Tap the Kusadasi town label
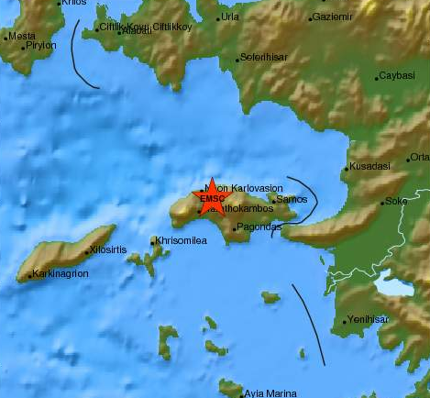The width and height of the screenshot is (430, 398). pyautogui.click(x=369, y=167)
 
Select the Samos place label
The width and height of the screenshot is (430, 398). pyautogui.click(x=291, y=199)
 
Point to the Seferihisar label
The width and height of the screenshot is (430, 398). pyautogui.click(x=264, y=57)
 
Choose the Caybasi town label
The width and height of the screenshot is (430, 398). pyautogui.click(x=397, y=76)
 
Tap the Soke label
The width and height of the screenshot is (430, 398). pyautogui.click(x=396, y=201)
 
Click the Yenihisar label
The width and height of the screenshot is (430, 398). pyautogui.click(x=366, y=320)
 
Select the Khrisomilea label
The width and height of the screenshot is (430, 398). pyautogui.click(x=181, y=240)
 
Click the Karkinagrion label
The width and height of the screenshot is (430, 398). pyautogui.click(x=60, y=273)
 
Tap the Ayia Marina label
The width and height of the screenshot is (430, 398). pyautogui.click(x=270, y=393)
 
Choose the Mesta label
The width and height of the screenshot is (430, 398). pyautogui.click(x=21, y=37)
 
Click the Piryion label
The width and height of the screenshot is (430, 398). pyautogui.click(x=41, y=45)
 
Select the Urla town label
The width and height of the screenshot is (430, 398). pyautogui.click(x=230, y=17)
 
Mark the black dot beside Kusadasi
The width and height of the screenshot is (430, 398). pyautogui.click(x=346, y=169)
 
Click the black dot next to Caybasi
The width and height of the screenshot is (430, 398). pyautogui.click(x=376, y=78)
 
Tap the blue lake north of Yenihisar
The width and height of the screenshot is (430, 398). pyautogui.click(x=393, y=287)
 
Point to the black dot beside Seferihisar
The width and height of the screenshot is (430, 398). pyautogui.click(x=237, y=60)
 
